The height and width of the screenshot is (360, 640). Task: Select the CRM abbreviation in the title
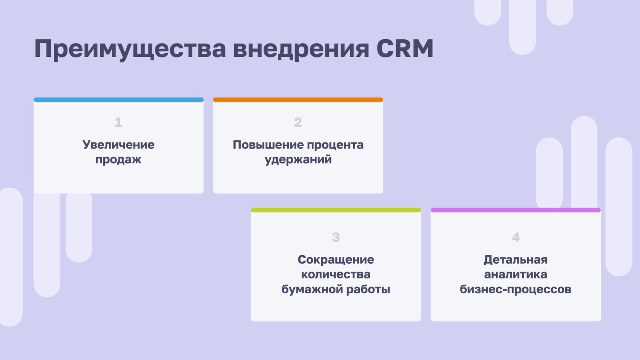pos(405,49)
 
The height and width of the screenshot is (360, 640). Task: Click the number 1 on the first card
pos(118,122)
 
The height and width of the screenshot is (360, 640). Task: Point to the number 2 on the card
pos(298,122)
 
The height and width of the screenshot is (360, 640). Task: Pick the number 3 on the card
pos(336,237)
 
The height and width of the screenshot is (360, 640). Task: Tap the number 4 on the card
pos(515,237)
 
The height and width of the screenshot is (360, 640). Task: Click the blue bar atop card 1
pos(118,100)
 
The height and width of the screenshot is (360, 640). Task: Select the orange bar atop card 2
pos(298,100)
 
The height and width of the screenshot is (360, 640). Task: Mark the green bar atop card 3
pos(336,210)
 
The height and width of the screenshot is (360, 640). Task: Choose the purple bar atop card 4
pos(515,210)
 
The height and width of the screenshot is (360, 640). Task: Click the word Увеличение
pos(118,145)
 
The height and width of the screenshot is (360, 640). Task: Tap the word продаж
pos(118,160)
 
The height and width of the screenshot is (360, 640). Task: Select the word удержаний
pos(298,160)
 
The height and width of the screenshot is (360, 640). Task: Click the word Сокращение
pos(336,260)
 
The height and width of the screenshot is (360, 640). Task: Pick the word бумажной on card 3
pos(312,290)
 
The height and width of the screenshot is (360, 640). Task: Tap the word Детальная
pos(515,260)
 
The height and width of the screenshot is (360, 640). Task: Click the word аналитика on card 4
pos(515,275)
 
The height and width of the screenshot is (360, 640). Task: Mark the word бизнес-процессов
pos(515,290)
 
